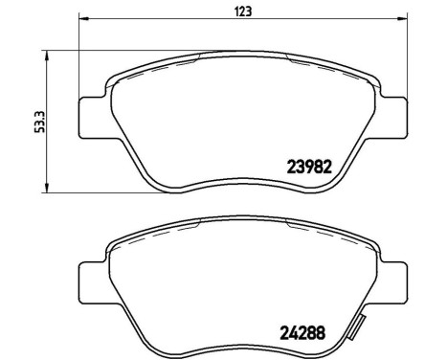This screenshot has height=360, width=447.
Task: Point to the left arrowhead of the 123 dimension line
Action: pos(83,21)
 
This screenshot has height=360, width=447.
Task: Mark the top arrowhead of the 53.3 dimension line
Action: pos(49,56)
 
